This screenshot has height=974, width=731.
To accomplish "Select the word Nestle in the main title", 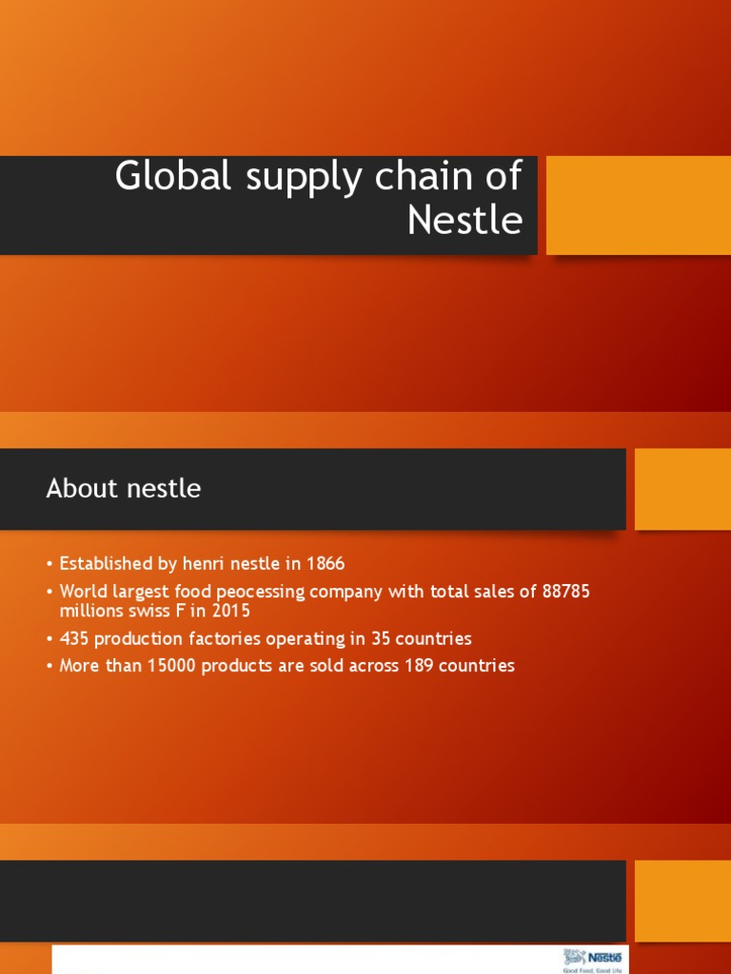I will tap(464, 221).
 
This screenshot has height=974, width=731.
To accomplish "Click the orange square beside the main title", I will tap(638, 205).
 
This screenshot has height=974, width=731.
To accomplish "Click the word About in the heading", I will tap(83, 489).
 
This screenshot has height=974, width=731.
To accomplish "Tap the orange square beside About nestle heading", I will tap(682, 489).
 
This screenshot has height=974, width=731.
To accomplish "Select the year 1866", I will tap(326, 564).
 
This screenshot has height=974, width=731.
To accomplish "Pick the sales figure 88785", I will tap(566, 592).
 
